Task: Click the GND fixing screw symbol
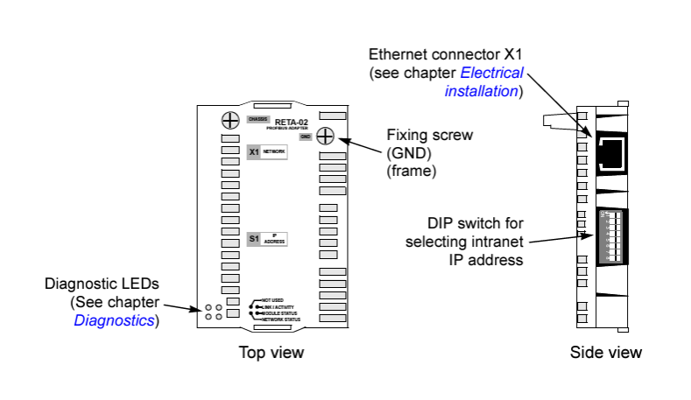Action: click(325, 137)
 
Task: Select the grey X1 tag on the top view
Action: click(254, 151)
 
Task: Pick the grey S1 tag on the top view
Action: click(254, 238)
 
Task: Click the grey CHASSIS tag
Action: click(257, 118)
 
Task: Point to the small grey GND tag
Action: click(305, 137)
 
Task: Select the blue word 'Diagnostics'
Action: click(115, 320)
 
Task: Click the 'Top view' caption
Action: click(271, 353)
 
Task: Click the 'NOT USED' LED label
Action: click(272, 300)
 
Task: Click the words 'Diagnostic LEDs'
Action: click(102, 285)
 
